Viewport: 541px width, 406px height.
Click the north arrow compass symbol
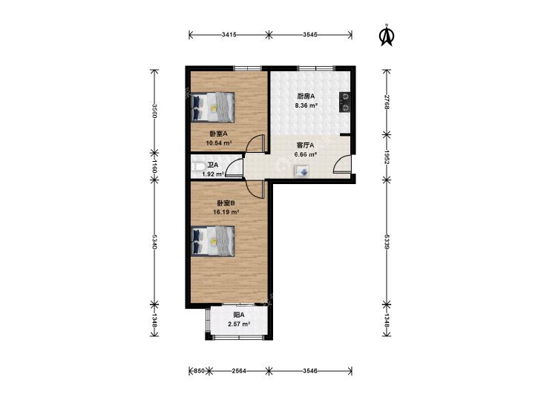387,35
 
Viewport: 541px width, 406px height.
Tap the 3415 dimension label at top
229,34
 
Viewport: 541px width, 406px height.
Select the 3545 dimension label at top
310,34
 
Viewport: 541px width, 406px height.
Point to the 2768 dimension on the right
387,102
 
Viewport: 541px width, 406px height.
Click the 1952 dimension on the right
387,157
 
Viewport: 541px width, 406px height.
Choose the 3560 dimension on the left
154,111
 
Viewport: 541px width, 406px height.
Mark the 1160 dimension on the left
154,166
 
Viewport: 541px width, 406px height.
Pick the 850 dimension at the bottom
198,371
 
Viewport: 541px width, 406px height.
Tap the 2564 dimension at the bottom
239,371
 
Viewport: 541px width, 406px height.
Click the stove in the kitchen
344,102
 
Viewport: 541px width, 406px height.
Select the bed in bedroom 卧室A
212,107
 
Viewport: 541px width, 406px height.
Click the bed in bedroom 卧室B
212,240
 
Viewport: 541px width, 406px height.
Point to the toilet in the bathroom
197,166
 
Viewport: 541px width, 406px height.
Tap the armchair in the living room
302,171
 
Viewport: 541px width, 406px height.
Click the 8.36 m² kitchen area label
306,105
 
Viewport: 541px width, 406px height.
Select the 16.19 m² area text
226,212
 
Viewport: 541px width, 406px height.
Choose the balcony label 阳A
239,315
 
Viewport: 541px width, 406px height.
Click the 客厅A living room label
305,145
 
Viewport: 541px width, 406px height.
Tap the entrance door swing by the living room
342,164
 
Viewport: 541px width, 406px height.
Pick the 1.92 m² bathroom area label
213,174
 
